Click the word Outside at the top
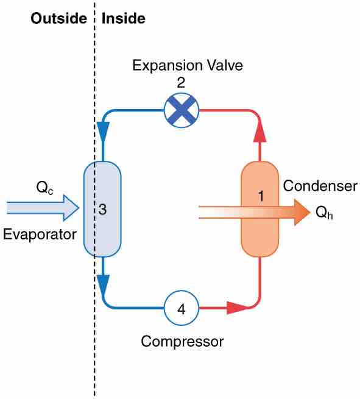click(x=58, y=18)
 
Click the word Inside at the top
click(x=124, y=18)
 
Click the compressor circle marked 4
click(x=181, y=308)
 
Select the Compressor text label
click(x=182, y=341)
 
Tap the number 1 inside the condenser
click(x=261, y=196)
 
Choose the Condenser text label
click(x=320, y=186)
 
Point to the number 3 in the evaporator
click(x=103, y=210)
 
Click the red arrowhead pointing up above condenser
click(x=260, y=130)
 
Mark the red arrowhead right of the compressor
click(x=236, y=308)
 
